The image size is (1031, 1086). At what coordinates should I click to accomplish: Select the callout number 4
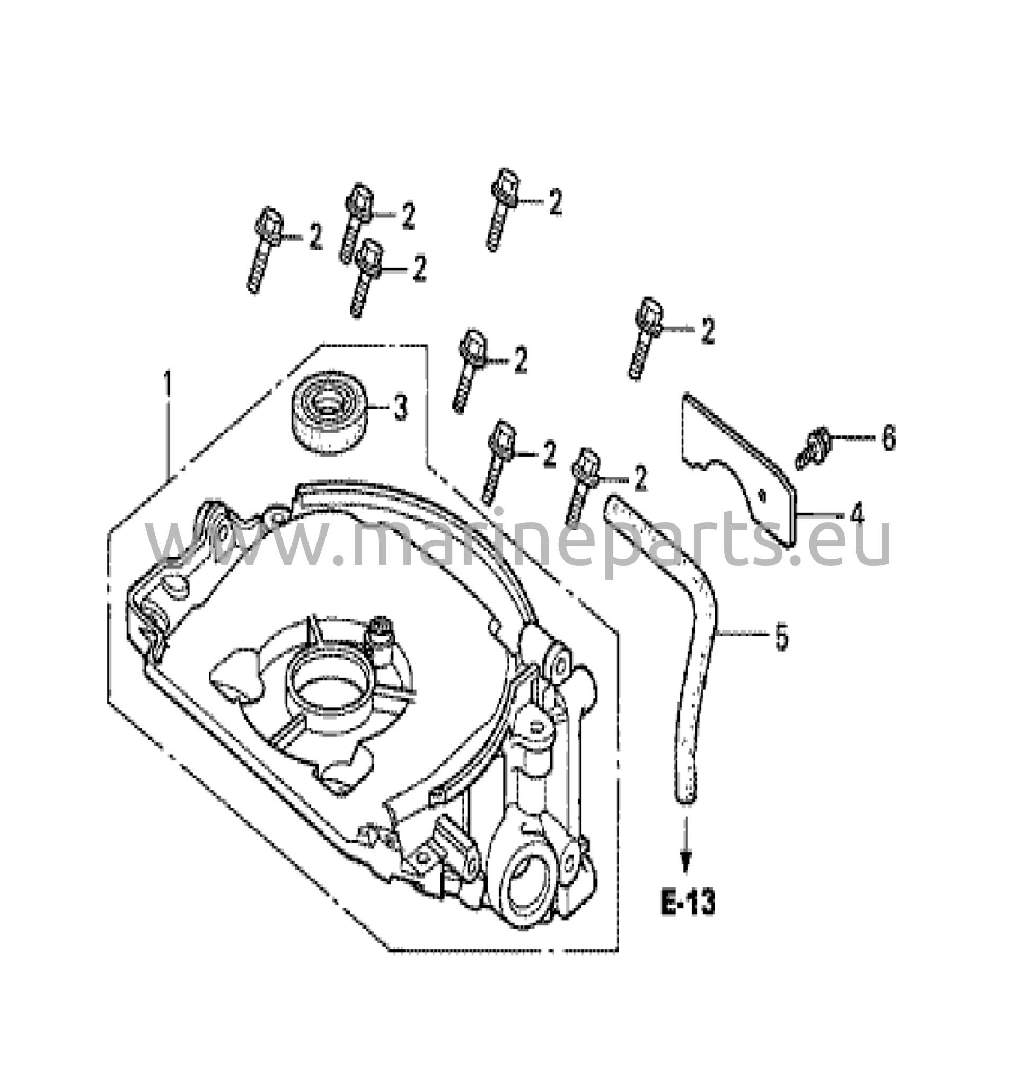point(856,514)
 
